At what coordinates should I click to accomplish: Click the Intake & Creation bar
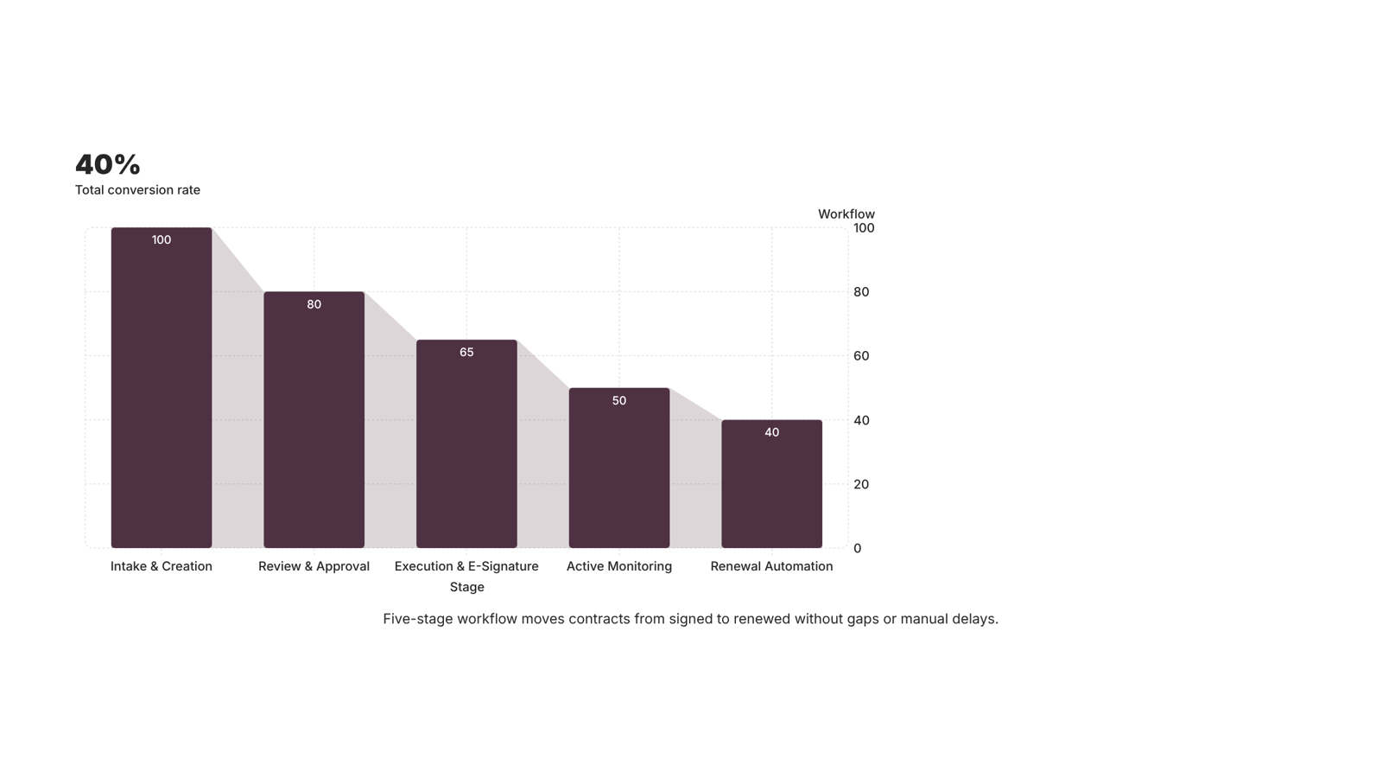click(x=161, y=388)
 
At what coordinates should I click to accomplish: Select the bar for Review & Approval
click(x=314, y=420)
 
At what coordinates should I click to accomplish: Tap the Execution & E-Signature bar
click(x=466, y=444)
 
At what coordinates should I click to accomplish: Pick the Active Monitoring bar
click(x=618, y=468)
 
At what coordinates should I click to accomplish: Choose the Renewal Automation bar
click(x=772, y=484)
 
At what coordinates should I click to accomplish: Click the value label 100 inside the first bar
click(x=162, y=239)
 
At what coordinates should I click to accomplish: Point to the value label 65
click(x=466, y=352)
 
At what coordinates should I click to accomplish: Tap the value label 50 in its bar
click(x=618, y=401)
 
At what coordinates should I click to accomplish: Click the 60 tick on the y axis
click(x=861, y=355)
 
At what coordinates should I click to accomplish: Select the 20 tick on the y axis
click(x=861, y=484)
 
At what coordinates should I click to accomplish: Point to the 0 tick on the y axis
click(x=858, y=548)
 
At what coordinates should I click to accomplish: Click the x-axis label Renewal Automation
click(x=772, y=566)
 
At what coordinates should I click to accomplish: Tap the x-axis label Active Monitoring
click(x=618, y=566)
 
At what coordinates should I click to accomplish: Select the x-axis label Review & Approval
click(x=314, y=566)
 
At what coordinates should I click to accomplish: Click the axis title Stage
click(x=467, y=587)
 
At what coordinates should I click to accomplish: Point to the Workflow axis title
click(x=846, y=214)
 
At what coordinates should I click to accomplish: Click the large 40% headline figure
click(x=108, y=164)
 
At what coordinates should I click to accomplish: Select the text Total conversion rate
click(x=137, y=190)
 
